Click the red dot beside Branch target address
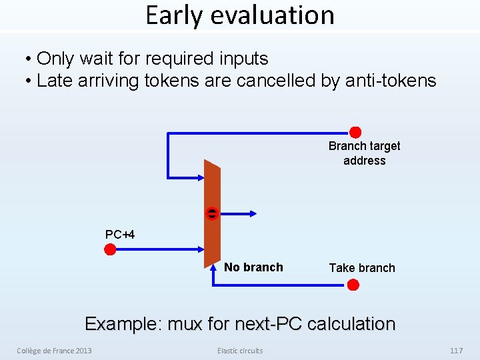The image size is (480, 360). [355, 132]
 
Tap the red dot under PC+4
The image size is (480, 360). [110, 249]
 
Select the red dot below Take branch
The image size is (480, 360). [353, 285]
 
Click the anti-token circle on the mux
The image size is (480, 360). [212, 213]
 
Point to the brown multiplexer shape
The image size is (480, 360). [212, 214]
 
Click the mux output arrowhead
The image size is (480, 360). [253, 214]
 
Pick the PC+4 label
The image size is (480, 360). [120, 235]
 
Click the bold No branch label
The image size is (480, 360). [253, 267]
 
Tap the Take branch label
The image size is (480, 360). [362, 268]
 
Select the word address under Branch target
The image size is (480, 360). [364, 161]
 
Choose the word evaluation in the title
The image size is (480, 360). [273, 15]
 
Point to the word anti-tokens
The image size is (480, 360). [391, 81]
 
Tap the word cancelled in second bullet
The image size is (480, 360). [276, 81]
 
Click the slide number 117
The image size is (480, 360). [457, 351]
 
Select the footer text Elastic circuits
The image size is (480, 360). [240, 351]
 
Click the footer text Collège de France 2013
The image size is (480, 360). [54, 351]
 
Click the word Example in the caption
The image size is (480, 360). [124, 324]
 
